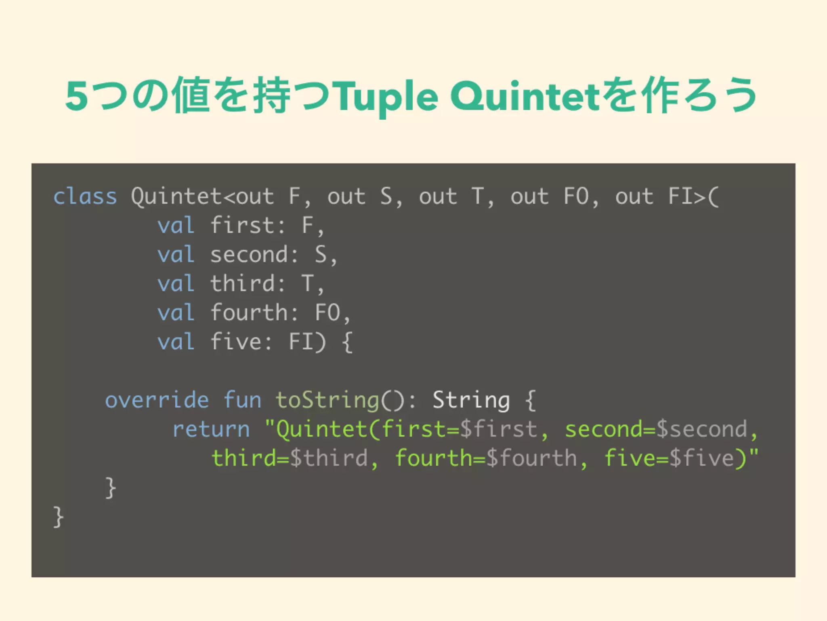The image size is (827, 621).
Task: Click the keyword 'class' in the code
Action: tap(85, 197)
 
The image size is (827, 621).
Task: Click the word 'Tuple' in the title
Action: tap(387, 97)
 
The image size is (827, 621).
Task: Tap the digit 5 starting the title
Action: tap(77, 97)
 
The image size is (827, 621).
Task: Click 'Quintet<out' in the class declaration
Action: tap(202, 197)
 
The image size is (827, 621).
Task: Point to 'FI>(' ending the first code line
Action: tap(693, 197)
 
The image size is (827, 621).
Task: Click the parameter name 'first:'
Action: tap(248, 226)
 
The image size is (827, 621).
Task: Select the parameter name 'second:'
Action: tap(254, 255)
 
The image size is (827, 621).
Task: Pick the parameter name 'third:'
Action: tap(248, 283)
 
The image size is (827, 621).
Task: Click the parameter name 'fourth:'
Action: tap(254, 313)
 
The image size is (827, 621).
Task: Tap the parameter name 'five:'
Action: tap(241, 342)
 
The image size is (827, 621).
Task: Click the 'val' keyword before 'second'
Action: tap(176, 255)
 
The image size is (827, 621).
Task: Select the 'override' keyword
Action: tap(157, 400)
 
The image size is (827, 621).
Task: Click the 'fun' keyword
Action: tap(242, 400)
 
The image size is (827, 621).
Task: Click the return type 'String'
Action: tap(471, 400)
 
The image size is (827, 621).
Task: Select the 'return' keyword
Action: tap(211, 429)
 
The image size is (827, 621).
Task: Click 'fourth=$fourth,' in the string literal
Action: tap(491, 458)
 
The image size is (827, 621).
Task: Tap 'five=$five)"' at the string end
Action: tap(681, 458)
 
